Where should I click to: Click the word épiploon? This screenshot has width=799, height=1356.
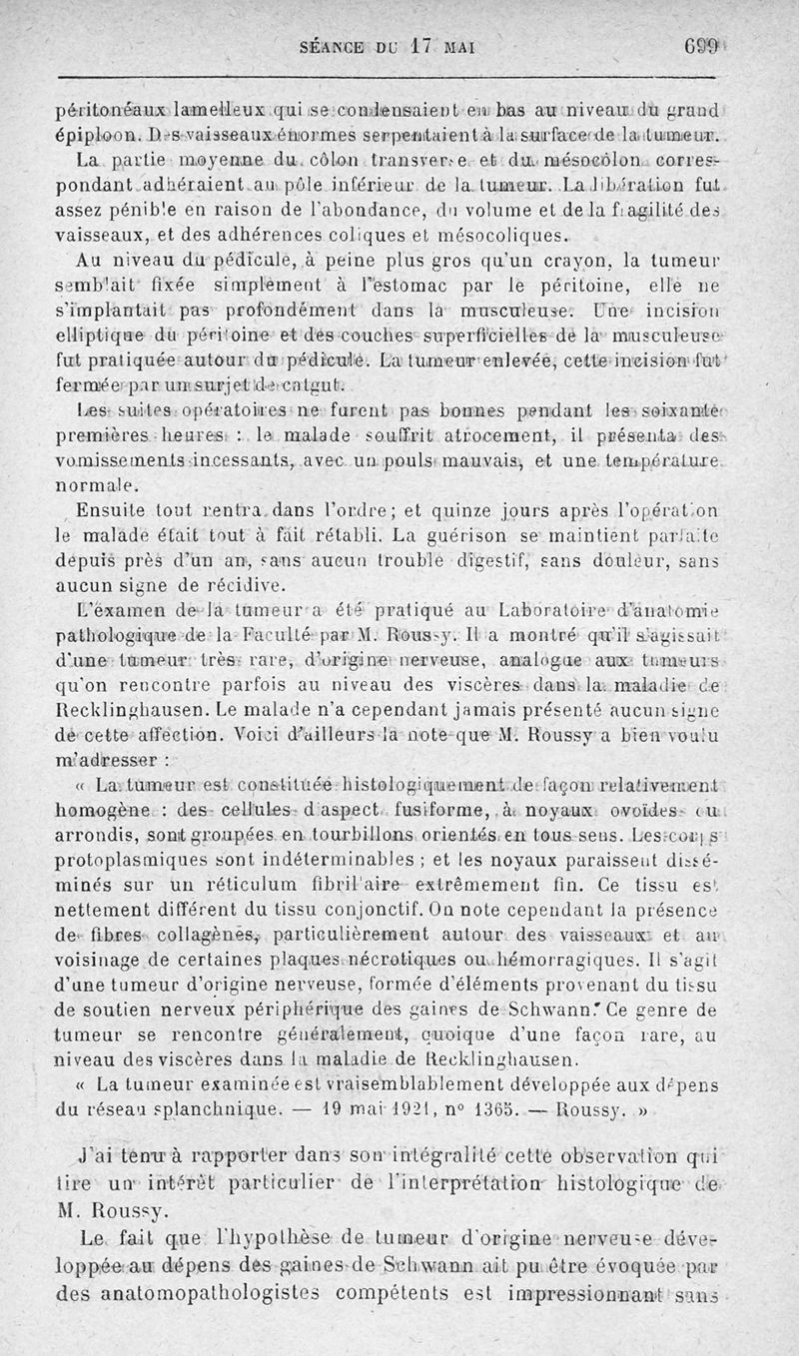(92, 132)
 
